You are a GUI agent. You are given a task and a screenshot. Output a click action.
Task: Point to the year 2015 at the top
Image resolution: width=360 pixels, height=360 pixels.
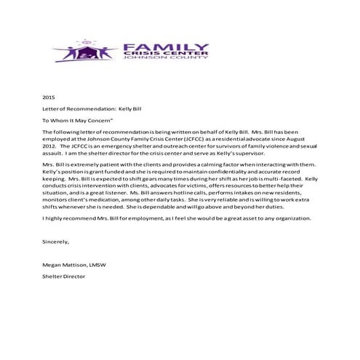(49, 96)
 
